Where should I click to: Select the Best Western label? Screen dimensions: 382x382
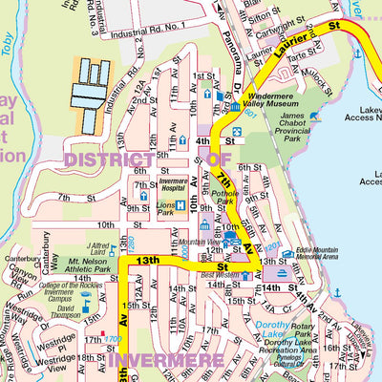coord(221,275)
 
